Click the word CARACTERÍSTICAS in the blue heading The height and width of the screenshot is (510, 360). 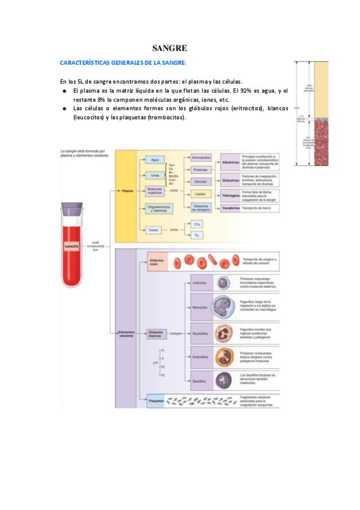point(85,63)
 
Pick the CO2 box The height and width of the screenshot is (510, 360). point(197,224)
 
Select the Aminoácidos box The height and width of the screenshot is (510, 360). point(201,158)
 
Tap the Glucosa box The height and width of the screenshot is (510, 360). point(201,181)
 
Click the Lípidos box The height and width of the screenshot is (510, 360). point(201,194)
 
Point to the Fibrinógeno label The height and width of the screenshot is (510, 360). point(230,194)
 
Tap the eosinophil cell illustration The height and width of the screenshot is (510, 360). point(223,356)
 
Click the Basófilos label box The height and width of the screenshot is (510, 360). point(200,381)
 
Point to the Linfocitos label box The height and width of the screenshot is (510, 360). point(200,283)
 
